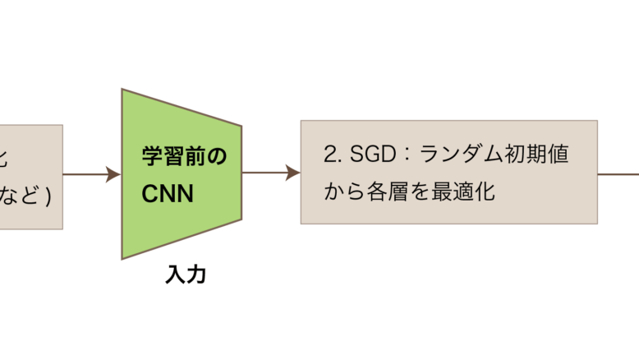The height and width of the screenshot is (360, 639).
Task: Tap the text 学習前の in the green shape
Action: [x=183, y=156]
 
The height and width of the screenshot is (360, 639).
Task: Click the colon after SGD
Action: [x=402, y=155]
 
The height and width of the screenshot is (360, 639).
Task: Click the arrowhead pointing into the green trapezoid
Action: [x=114, y=173]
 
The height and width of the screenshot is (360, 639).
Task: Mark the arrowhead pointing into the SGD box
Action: [x=293, y=173]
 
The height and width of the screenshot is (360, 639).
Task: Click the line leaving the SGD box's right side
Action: [x=618, y=173]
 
